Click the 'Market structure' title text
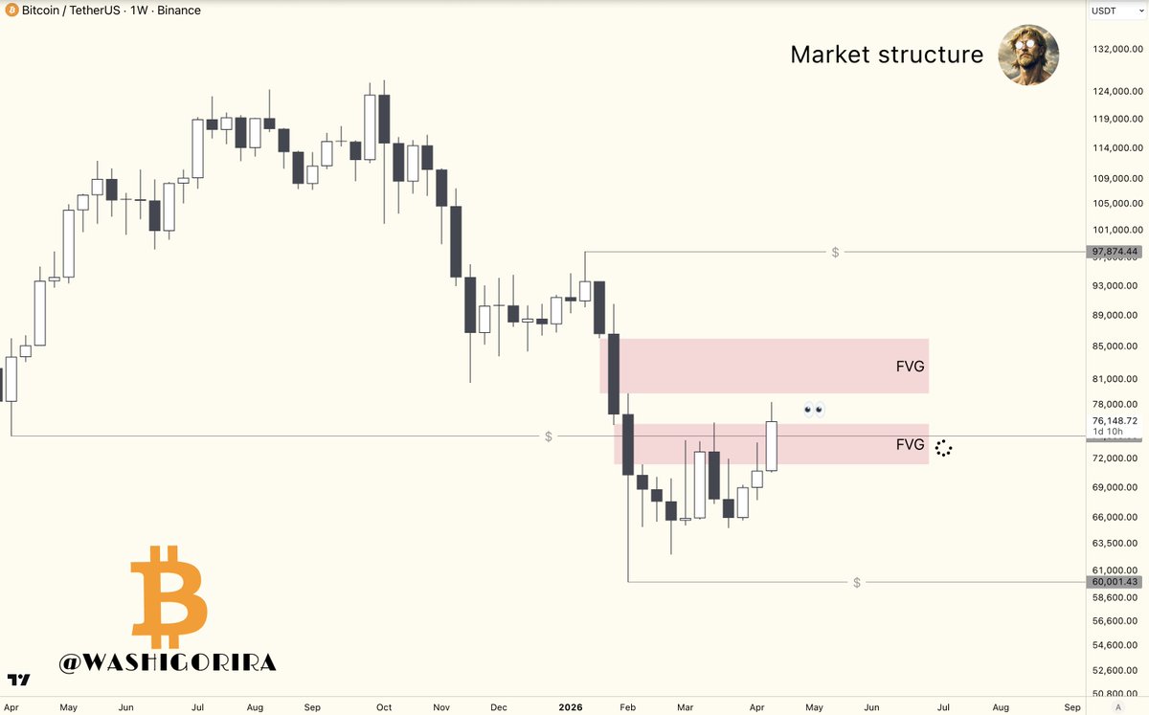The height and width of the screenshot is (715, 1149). point(887,55)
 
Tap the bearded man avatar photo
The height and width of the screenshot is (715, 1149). point(1028,55)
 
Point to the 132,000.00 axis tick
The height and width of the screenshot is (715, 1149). point(1115,49)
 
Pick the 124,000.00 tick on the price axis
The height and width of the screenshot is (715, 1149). point(1115,92)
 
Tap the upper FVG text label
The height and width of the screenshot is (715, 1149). point(910,366)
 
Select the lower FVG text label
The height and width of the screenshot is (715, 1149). point(910,444)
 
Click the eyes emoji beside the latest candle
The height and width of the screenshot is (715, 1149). point(814,411)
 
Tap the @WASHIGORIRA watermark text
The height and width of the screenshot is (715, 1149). point(168,662)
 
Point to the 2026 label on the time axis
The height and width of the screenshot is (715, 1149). point(571,707)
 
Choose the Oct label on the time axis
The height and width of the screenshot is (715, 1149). point(384,707)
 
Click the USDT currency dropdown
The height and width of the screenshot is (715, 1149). point(1115,11)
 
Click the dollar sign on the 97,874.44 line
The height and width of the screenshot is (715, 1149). point(836,252)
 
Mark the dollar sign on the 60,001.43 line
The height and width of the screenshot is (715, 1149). point(857,582)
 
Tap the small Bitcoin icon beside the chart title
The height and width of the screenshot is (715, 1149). point(11,11)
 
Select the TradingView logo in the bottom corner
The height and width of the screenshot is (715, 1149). point(18,681)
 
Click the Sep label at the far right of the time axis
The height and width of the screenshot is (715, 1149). point(1072,707)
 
